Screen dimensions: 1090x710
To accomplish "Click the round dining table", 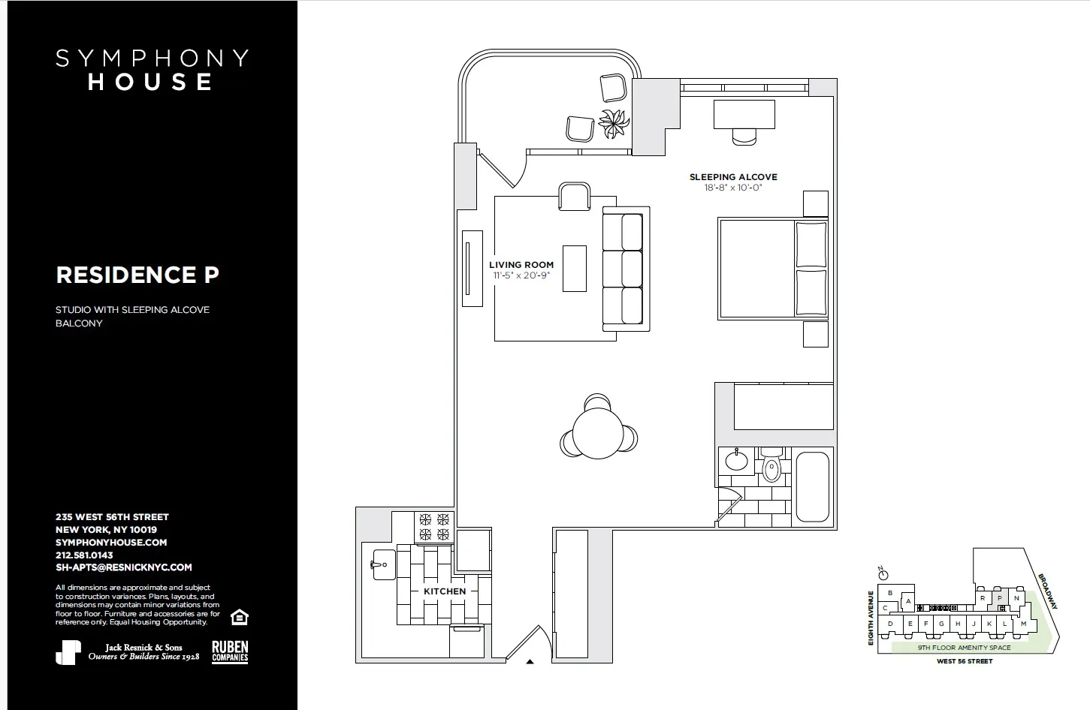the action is (598, 432).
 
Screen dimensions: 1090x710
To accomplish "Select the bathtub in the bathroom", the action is (812, 486).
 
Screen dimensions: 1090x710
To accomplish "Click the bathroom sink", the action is (736, 460).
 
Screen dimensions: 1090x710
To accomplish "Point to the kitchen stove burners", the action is (434, 526).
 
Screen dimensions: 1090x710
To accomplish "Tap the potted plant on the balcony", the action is (614, 122).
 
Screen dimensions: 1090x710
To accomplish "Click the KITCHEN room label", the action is (445, 591).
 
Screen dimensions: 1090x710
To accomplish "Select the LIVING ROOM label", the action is (521, 265).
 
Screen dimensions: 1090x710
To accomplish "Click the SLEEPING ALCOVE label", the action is (733, 177).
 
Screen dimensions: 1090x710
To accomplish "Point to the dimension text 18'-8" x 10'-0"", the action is (733, 188).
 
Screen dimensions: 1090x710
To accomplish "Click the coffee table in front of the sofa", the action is (575, 268).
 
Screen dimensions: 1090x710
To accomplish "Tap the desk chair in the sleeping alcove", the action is (744, 137).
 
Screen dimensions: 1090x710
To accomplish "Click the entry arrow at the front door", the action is (530, 662).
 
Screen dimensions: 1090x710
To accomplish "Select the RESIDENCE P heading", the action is (137, 275).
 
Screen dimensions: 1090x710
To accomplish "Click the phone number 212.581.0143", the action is (84, 555).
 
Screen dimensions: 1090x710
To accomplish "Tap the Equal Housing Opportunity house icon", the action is (240, 617).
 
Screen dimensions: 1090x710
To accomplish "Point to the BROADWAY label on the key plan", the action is (1047, 592).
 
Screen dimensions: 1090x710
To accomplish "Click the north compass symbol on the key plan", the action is (883, 574).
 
